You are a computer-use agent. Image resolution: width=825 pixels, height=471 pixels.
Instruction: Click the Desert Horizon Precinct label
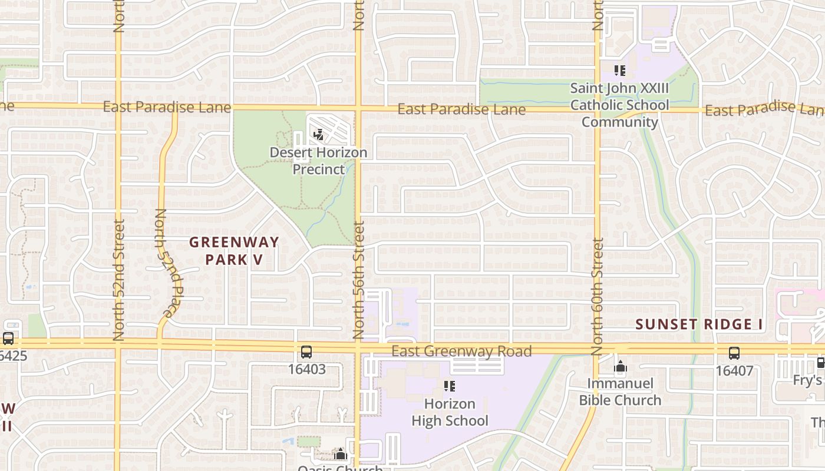click(x=318, y=161)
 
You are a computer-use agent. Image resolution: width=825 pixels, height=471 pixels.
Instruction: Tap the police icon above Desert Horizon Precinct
click(x=318, y=135)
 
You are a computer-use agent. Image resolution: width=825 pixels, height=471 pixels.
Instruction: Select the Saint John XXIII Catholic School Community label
click(x=619, y=105)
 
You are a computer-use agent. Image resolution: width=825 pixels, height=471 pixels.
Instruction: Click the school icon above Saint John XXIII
click(x=619, y=71)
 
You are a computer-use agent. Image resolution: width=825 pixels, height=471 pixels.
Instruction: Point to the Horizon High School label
click(x=450, y=412)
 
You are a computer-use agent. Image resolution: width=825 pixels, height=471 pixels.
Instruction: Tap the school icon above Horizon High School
click(x=450, y=386)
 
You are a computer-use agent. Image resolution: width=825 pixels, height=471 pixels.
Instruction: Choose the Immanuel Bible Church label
click(x=620, y=392)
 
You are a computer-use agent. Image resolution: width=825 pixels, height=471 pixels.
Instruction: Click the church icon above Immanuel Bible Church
click(x=620, y=367)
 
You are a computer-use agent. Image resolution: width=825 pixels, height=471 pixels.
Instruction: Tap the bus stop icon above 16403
click(x=306, y=353)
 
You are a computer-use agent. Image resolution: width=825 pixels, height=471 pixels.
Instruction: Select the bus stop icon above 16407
click(x=734, y=353)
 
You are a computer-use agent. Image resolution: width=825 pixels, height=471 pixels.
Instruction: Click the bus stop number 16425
click(x=13, y=356)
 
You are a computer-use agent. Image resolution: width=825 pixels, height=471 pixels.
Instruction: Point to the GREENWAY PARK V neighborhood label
click(x=234, y=251)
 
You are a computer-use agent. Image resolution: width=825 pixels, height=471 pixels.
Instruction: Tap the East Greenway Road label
click(x=461, y=351)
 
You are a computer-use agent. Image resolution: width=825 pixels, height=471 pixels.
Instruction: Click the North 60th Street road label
click(x=598, y=296)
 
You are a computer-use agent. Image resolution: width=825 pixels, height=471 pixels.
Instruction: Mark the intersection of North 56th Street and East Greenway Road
click(x=358, y=346)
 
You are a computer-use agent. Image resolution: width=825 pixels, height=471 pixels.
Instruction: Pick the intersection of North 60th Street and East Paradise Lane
click(x=598, y=109)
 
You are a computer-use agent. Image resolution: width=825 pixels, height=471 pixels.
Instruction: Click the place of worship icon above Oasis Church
click(x=340, y=453)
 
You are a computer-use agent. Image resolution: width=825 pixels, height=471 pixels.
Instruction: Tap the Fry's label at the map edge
click(x=807, y=380)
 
